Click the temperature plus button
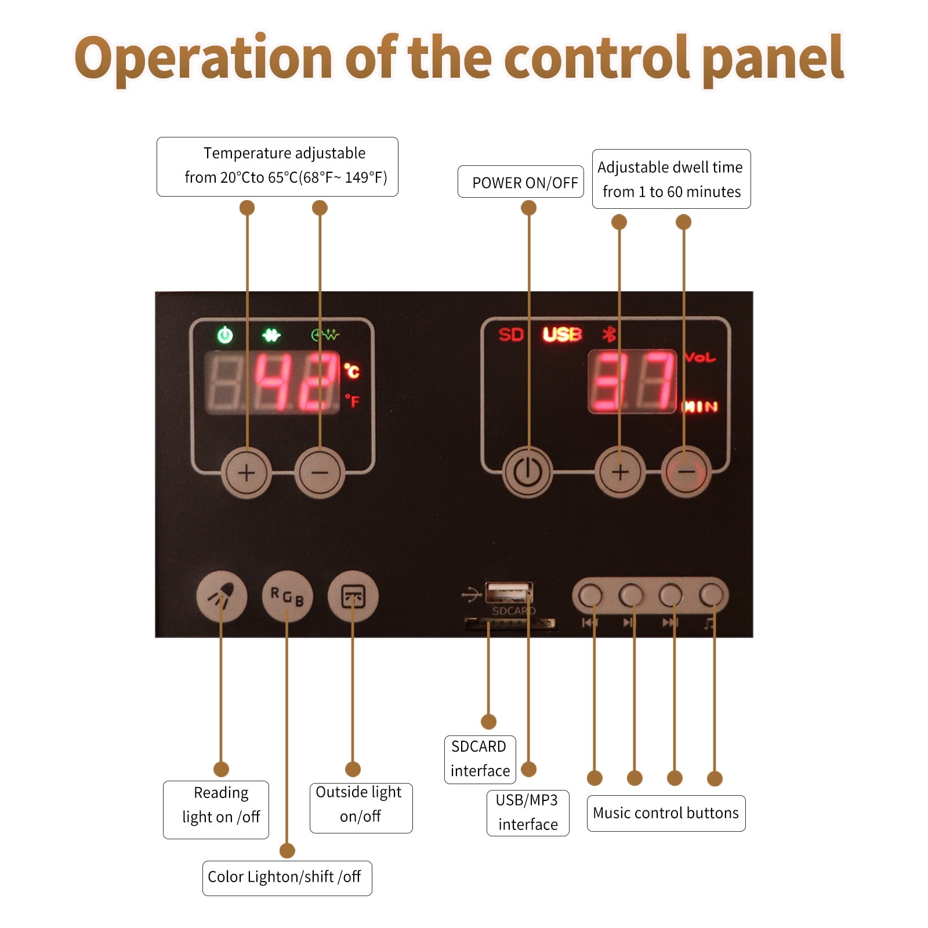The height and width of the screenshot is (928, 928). [x=246, y=473]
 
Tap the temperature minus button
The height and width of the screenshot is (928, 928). [x=320, y=473]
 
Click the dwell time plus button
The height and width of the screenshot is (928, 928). [x=620, y=472]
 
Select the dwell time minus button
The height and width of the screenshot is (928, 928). [x=686, y=472]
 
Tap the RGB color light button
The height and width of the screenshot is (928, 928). [x=287, y=596]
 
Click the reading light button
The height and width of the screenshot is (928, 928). [x=222, y=596]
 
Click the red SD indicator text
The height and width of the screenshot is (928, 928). [x=511, y=335]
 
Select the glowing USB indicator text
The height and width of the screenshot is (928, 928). [x=562, y=335]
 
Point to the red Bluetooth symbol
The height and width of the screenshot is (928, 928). [x=608, y=334]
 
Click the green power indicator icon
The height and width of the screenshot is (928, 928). [x=225, y=335]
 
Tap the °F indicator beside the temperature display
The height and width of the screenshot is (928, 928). [x=352, y=401]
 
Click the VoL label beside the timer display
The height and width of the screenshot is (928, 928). [x=700, y=357]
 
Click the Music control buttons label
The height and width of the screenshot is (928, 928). [x=666, y=813]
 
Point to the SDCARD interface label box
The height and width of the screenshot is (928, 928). [x=480, y=759]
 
